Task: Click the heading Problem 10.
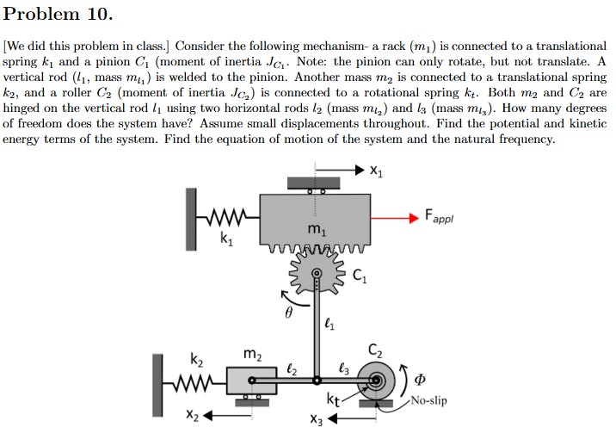point(58,15)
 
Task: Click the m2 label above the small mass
point(251,354)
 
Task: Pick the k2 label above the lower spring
point(196,357)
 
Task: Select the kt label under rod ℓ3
point(333,399)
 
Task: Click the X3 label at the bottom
point(317,420)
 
